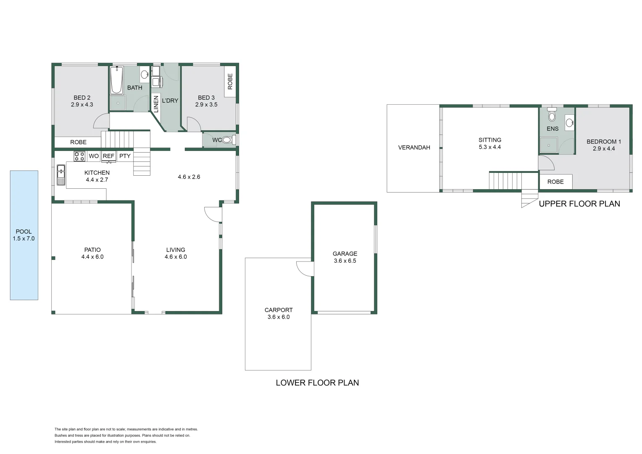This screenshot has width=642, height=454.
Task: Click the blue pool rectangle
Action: pyautogui.click(x=24, y=261)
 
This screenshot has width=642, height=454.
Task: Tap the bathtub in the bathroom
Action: pyautogui.click(x=116, y=80)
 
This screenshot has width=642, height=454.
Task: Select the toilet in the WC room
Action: pyautogui.click(x=228, y=140)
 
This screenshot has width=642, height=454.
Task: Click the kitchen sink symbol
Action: pyautogui.click(x=61, y=175)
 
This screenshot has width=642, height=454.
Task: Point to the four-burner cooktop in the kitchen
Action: pyautogui.click(x=79, y=156)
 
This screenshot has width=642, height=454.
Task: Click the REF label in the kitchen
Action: pyautogui.click(x=108, y=156)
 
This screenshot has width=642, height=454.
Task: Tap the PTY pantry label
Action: pyautogui.click(x=125, y=156)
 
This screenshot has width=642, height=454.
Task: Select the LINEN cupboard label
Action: pyautogui.click(x=155, y=103)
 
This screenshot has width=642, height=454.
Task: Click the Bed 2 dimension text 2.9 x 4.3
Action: pyautogui.click(x=82, y=105)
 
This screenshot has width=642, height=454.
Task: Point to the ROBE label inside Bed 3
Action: pyautogui.click(x=230, y=82)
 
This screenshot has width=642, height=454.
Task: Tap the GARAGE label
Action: pyautogui.click(x=345, y=253)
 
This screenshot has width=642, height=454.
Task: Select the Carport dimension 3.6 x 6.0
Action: pyautogui.click(x=278, y=317)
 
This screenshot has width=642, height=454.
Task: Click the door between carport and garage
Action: pyautogui.click(x=305, y=268)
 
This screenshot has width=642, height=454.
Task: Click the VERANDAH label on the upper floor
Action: pyautogui.click(x=414, y=148)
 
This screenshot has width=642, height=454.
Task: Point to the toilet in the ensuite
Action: pyautogui.click(x=552, y=115)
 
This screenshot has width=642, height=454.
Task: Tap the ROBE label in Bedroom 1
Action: pyautogui.click(x=555, y=182)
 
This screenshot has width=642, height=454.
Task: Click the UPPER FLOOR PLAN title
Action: pyautogui.click(x=579, y=204)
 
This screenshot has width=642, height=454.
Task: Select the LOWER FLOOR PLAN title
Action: pyautogui.click(x=317, y=383)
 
